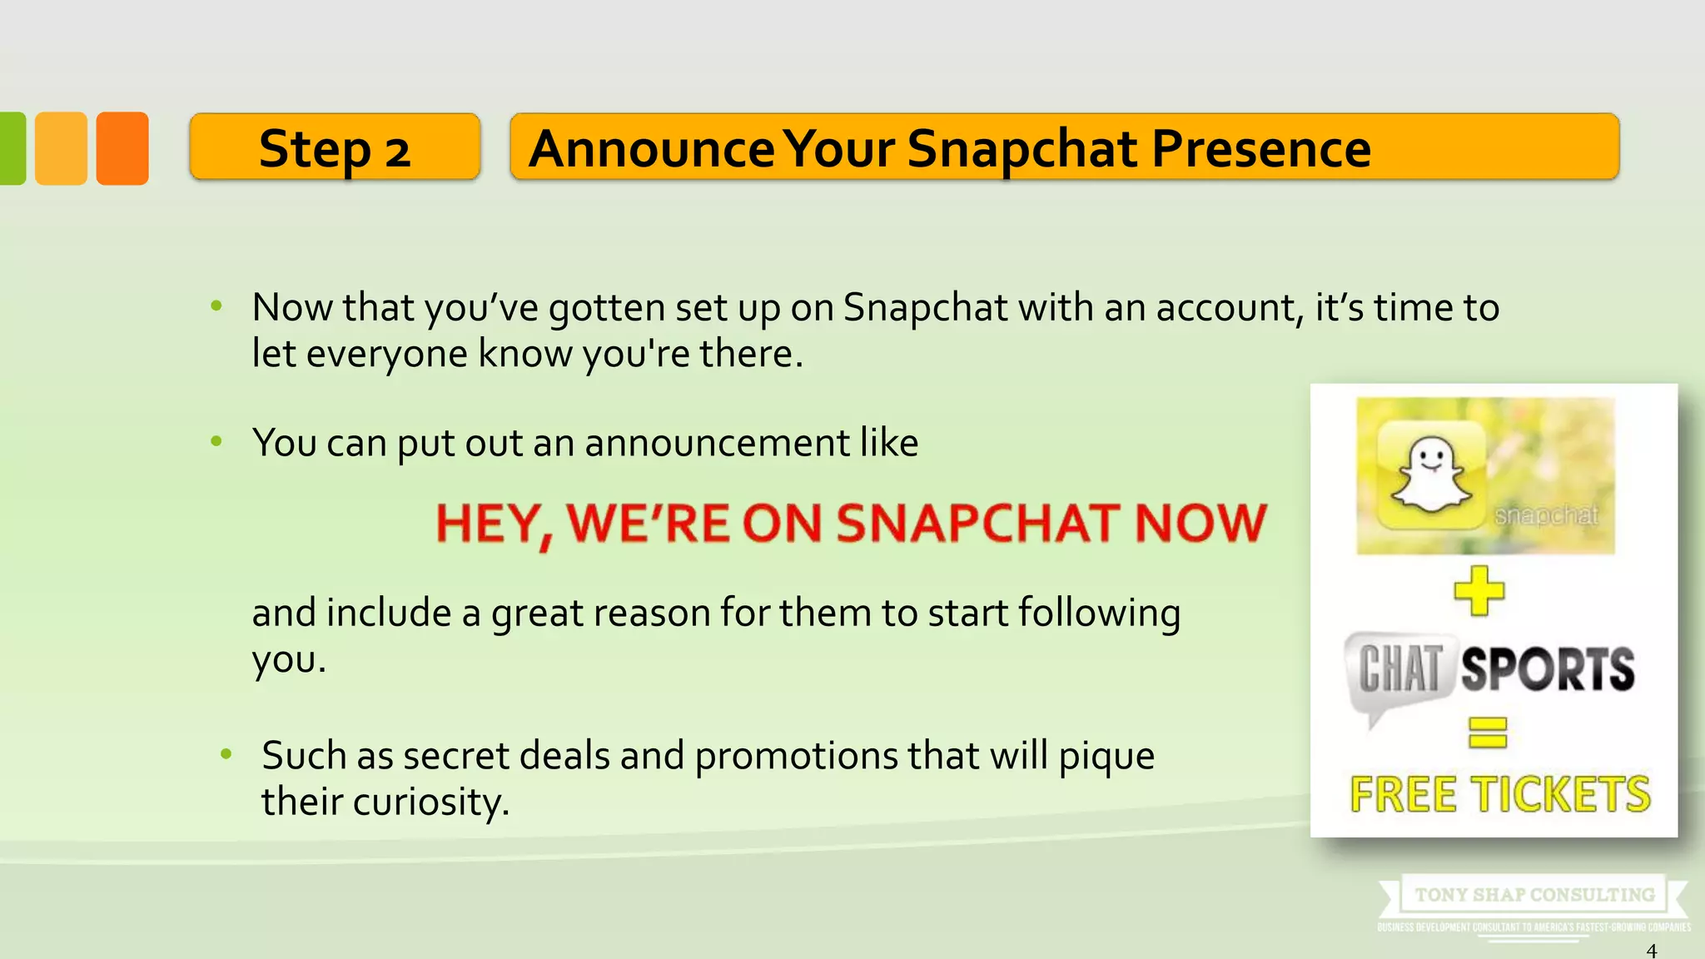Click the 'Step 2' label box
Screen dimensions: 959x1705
(335, 147)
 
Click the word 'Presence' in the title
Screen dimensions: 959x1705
(1261, 149)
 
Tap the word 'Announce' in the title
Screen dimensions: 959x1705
(652, 149)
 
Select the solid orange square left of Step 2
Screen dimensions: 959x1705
(122, 148)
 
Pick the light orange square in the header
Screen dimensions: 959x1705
(61, 148)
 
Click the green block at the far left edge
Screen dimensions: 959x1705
(12, 148)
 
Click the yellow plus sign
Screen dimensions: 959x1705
(1479, 591)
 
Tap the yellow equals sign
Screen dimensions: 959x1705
(1488, 733)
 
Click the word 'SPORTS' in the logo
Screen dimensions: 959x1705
(1548, 669)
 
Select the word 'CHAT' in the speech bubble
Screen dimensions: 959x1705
(1399, 669)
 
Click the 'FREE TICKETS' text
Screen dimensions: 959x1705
(1500, 794)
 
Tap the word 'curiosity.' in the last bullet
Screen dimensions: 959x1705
(431, 802)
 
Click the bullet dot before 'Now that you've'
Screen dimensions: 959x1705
(216, 306)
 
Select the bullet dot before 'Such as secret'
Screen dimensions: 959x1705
(226, 754)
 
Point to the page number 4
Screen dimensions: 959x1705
(1652, 950)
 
